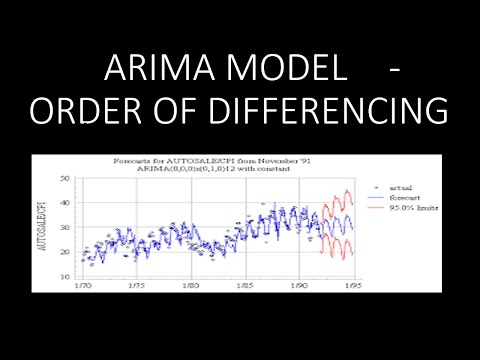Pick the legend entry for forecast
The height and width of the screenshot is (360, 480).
pyautogui.click(x=402, y=196)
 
